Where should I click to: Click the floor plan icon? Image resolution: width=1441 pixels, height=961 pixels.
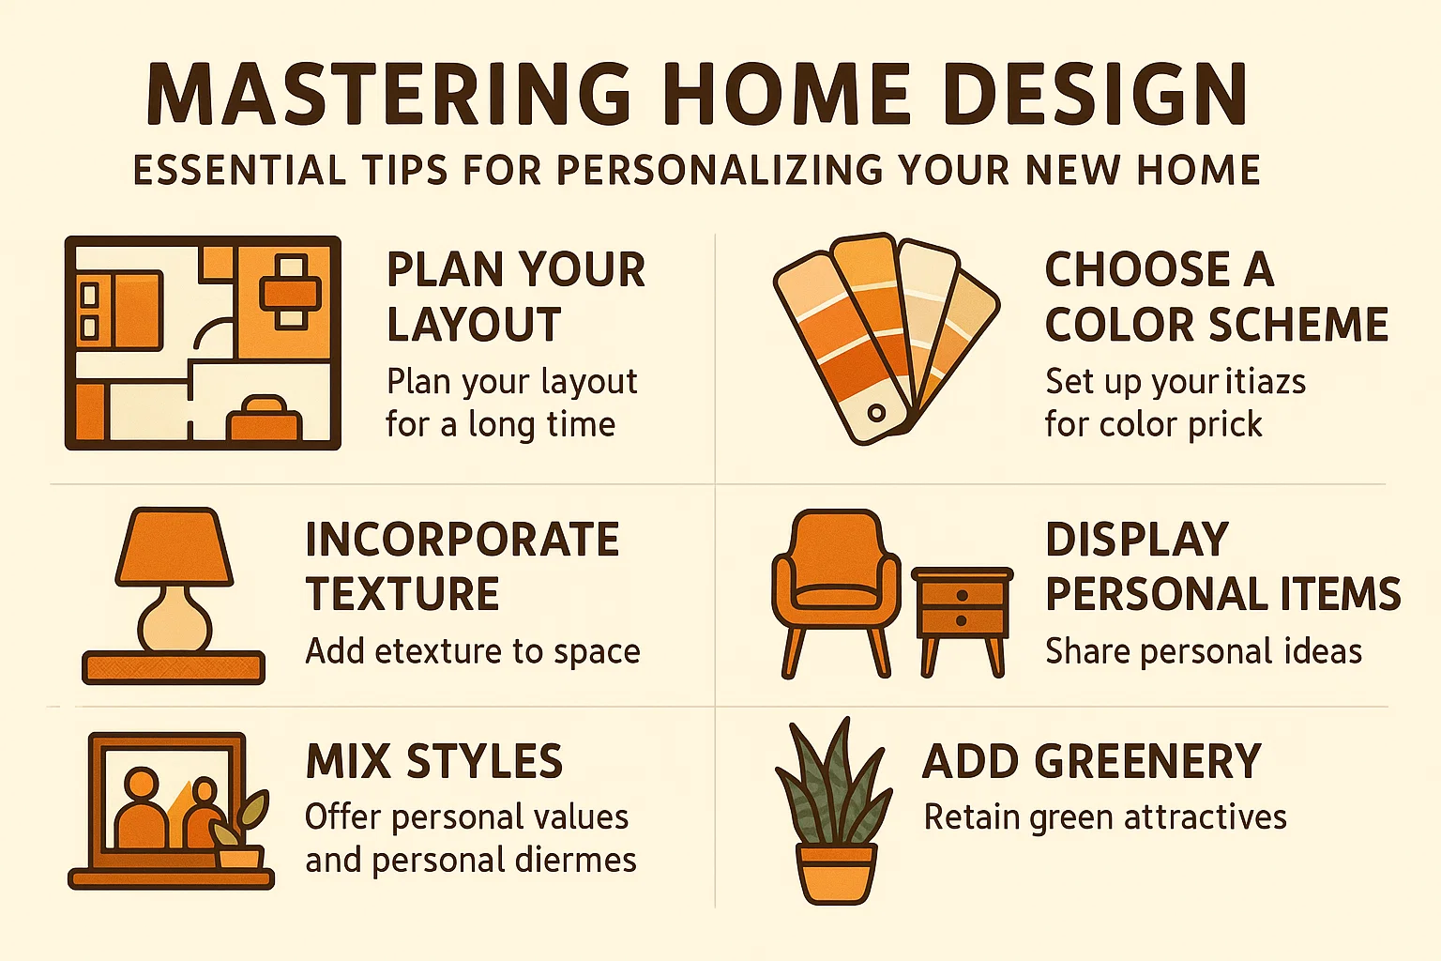coord(203,343)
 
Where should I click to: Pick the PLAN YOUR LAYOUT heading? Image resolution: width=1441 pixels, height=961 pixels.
coord(515,297)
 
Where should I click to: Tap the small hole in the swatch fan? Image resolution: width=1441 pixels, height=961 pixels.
coord(876,413)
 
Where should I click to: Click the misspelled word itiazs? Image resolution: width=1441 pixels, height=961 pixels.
coord(1266,382)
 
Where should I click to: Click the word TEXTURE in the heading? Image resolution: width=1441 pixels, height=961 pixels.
coord(402,594)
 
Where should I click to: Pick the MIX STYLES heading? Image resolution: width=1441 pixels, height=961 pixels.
coord(434,761)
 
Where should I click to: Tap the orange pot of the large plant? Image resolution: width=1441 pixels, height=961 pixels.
coord(836,872)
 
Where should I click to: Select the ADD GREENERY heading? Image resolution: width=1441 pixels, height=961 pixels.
coord(1092,761)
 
